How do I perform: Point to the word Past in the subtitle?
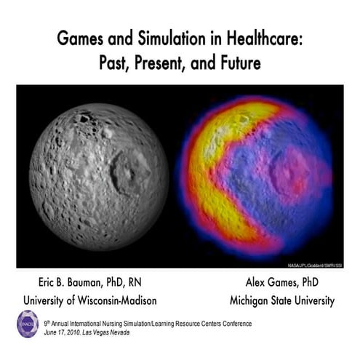tap(116, 63)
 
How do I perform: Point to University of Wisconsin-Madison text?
tap(89, 300)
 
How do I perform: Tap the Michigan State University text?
tap(281, 300)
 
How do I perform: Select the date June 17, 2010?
tap(64, 331)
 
